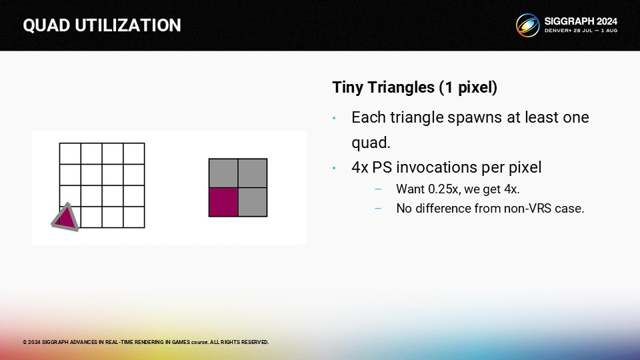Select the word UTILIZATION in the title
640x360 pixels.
[128, 25]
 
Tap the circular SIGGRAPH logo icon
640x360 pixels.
[527, 25]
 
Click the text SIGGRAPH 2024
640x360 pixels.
[581, 21]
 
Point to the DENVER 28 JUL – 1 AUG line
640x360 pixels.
[581, 31]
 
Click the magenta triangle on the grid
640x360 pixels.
[65, 217]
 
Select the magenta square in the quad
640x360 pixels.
[223, 202]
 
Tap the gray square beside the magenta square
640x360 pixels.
[253, 202]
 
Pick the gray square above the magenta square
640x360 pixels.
[223, 173]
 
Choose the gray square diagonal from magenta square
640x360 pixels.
[253, 173]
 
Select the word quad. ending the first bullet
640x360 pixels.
[371, 143]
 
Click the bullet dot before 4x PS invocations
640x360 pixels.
[334, 168]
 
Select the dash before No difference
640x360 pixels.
[378, 208]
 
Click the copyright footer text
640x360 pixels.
[146, 342]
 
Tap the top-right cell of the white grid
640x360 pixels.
[134, 153]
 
